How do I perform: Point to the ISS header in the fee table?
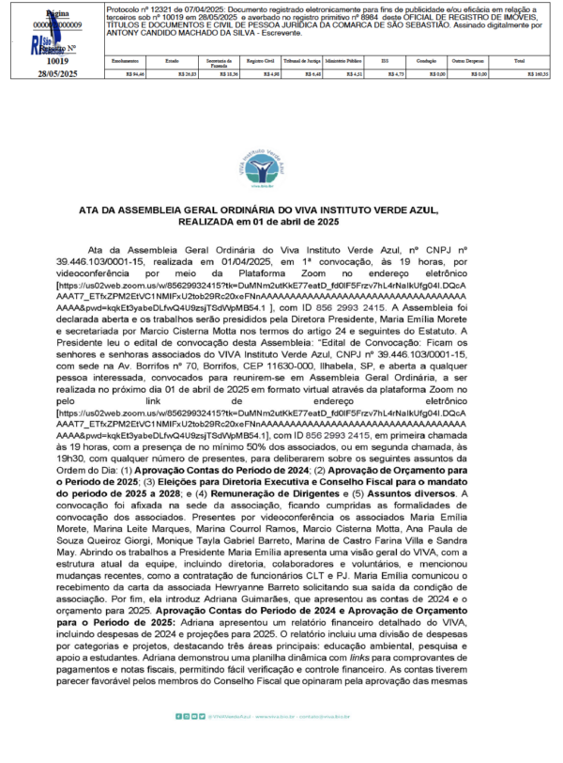(x=384, y=60)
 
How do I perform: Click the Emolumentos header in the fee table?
(x=125, y=60)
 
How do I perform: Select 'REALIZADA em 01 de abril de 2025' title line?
(x=281, y=223)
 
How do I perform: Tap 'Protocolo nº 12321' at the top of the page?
(x=144, y=7)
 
